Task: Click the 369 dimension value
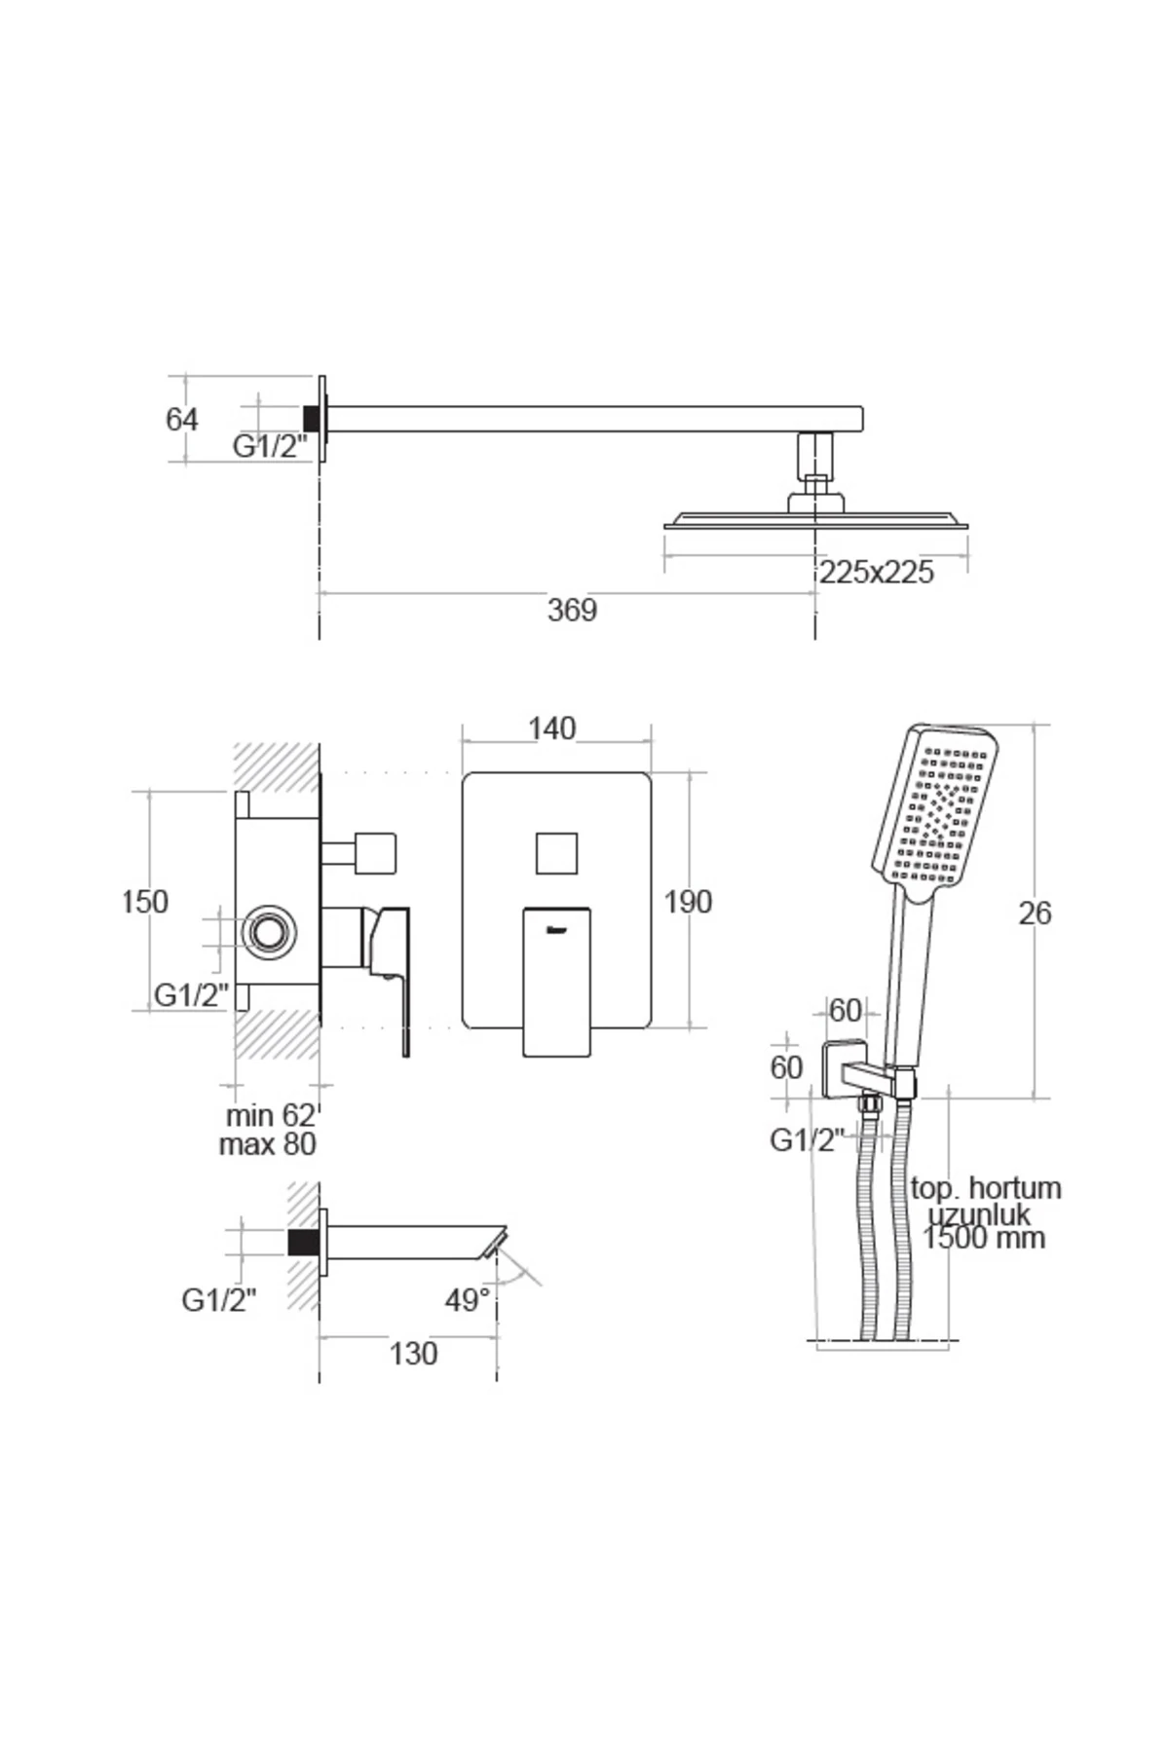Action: point(572,611)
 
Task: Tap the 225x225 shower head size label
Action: point(876,573)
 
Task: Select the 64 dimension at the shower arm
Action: point(182,420)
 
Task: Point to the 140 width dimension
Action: point(551,728)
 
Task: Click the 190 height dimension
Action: point(688,902)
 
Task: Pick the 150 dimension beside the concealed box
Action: point(144,902)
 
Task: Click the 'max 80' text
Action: point(268,1144)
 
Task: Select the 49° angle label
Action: point(468,1300)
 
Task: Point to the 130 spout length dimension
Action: point(413,1354)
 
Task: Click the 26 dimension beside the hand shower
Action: point(1035,914)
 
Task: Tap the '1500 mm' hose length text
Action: point(984,1239)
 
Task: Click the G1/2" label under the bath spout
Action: point(218,1300)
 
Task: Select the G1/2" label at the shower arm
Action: point(269,447)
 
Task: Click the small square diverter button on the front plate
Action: point(557,854)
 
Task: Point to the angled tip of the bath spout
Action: point(493,1244)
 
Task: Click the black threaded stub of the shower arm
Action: point(313,418)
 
